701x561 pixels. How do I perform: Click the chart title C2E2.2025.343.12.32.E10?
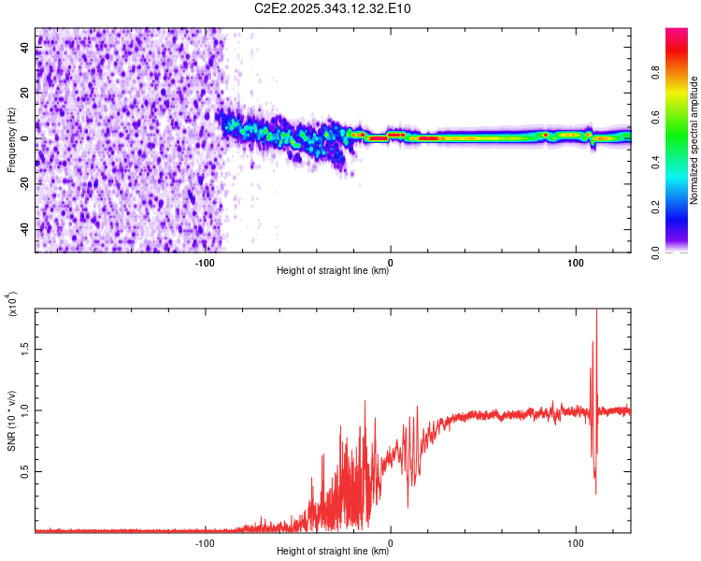coord(333,9)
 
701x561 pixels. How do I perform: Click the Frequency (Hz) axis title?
coord(11,140)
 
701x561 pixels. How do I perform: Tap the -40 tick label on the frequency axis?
coord(24,229)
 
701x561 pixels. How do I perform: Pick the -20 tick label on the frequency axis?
coord(24,184)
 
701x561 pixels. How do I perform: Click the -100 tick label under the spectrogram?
coord(206,263)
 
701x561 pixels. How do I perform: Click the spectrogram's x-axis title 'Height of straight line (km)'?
coord(333,272)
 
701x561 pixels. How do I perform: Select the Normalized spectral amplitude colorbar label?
coord(694,140)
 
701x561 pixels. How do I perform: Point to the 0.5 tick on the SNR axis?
coord(24,471)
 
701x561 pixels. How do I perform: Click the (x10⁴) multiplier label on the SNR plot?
coord(11,304)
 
